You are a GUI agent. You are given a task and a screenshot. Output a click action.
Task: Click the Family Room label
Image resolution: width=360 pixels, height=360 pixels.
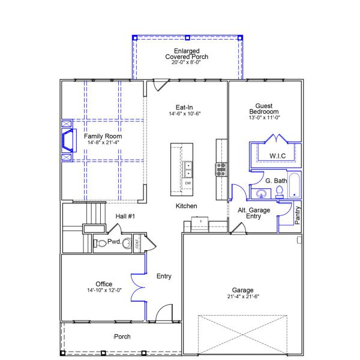103,136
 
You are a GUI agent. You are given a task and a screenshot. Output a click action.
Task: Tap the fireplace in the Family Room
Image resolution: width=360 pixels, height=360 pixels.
68,140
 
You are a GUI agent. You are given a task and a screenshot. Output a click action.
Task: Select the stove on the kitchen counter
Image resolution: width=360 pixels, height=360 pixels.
221,170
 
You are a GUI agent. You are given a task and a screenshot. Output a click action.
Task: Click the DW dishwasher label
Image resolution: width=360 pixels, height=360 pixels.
188,183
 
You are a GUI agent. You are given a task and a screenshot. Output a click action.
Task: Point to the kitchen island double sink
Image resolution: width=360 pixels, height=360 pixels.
188,169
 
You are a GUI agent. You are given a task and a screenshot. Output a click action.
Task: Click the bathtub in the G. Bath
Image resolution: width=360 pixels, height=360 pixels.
295,185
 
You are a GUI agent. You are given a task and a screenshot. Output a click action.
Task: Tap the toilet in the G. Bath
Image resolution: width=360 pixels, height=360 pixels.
279,192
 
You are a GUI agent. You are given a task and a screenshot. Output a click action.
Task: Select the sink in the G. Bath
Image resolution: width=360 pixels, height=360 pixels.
261,194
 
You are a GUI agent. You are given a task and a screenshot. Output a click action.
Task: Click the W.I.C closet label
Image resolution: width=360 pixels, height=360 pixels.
277,156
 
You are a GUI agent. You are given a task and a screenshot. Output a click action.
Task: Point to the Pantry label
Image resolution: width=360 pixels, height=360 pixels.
298,215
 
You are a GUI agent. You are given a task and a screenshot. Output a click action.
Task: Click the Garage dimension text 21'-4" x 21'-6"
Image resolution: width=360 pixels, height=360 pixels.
243,296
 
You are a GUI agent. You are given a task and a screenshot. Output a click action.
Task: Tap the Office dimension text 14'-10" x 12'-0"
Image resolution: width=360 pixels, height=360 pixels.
104,290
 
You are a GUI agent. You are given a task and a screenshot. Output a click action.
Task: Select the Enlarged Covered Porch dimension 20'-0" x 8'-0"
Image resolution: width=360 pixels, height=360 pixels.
186,62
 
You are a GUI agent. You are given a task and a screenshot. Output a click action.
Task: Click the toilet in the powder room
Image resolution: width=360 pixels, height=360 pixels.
100,244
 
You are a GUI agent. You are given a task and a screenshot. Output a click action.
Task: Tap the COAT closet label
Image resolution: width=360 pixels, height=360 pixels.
137,244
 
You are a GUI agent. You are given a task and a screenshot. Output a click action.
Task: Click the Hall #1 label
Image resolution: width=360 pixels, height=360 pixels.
125,216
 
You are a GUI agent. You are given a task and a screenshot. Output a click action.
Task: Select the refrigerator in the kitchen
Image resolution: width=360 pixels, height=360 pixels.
200,224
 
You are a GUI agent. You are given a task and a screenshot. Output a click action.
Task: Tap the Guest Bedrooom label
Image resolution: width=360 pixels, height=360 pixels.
264,109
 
